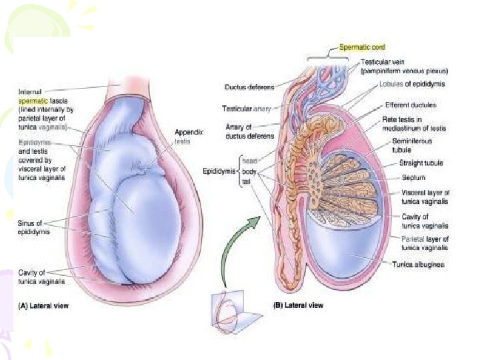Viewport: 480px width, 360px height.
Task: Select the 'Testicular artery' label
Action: tap(245, 108)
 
